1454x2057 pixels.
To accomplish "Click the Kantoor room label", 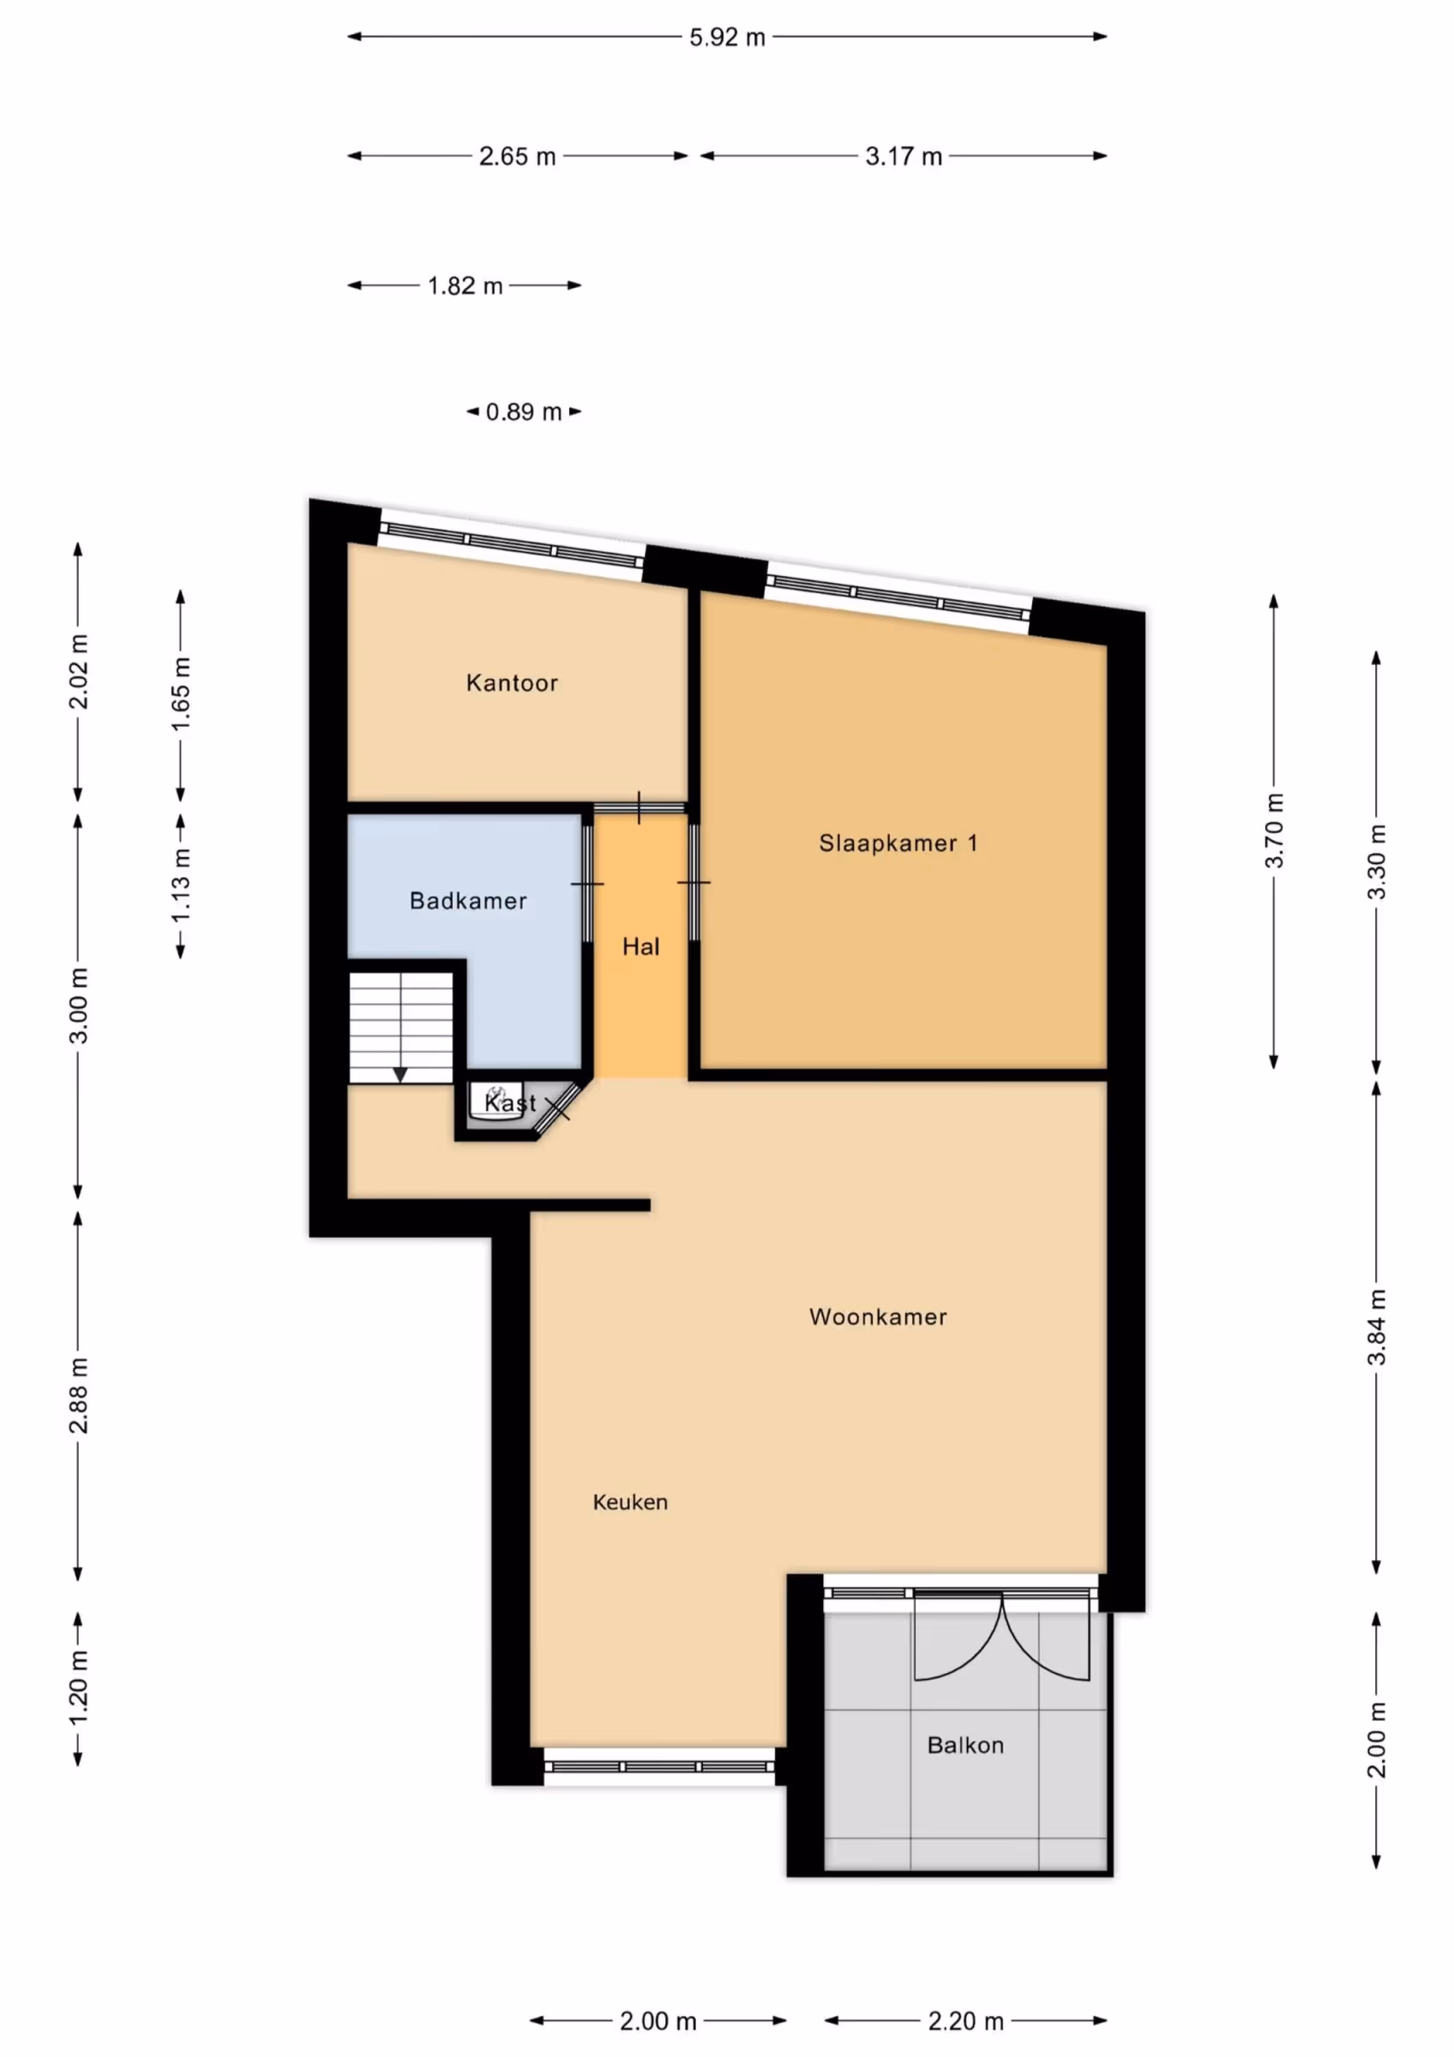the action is click(512, 684).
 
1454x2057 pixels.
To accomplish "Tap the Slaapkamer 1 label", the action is click(898, 843).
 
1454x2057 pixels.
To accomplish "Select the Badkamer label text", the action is click(467, 901).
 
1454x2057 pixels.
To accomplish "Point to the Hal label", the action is click(640, 946).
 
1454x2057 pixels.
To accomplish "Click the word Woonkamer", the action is click(878, 1317).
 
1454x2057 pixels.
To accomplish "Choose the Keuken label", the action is click(630, 1502).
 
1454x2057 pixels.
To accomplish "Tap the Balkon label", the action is click(964, 1745).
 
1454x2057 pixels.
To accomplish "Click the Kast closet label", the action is click(510, 1103).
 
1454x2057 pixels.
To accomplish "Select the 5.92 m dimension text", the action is click(726, 38).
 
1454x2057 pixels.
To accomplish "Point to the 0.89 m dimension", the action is click(523, 412).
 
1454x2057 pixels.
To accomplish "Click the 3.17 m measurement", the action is click(903, 157).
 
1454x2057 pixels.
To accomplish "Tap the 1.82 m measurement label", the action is click(464, 285).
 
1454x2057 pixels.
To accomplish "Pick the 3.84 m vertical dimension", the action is click(1377, 1327).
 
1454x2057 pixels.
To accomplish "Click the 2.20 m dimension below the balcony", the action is click(964, 2021).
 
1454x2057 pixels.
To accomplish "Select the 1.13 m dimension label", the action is click(181, 885).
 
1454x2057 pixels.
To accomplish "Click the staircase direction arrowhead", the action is click(400, 1075).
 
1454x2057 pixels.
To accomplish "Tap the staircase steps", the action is click(400, 1028).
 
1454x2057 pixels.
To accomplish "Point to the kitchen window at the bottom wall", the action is click(659, 1766).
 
